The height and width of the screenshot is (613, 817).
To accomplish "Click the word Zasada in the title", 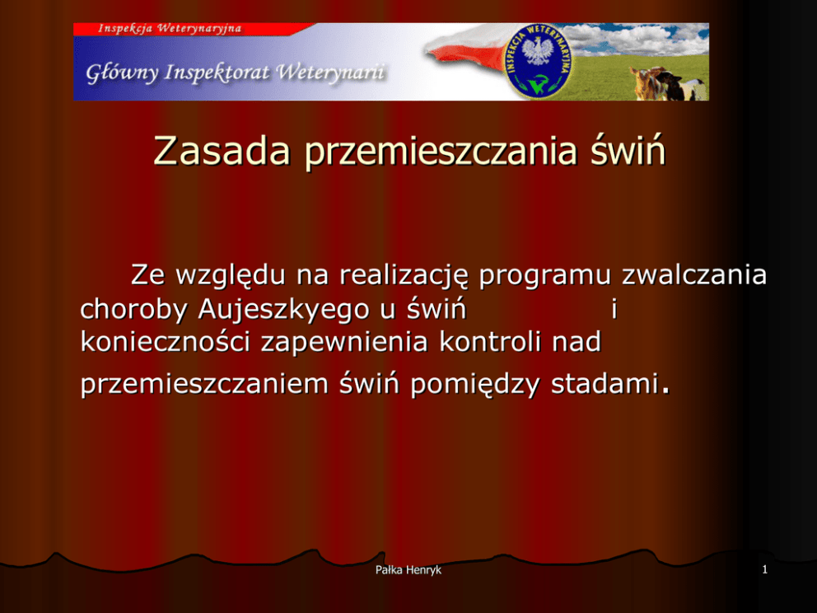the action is click(222, 151).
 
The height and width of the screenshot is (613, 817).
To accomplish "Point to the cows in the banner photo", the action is click(670, 83).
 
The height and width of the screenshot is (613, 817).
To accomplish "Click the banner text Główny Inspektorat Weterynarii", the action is click(236, 73).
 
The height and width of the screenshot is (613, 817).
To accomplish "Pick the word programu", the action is click(544, 276).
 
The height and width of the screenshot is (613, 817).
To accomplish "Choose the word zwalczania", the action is click(694, 274).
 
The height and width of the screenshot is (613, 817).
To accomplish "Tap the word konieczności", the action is click(166, 342).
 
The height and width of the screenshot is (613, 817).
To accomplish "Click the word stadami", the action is click(605, 384).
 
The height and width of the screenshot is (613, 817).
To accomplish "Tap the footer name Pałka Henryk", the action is click(408, 569).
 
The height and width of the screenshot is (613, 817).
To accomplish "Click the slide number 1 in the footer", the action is click(765, 569).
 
